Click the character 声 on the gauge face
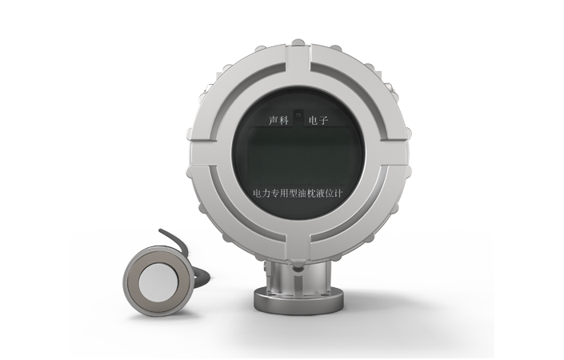[274, 121]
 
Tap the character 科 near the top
[284, 121]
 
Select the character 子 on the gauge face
[323, 121]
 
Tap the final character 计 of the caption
[338, 194]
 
